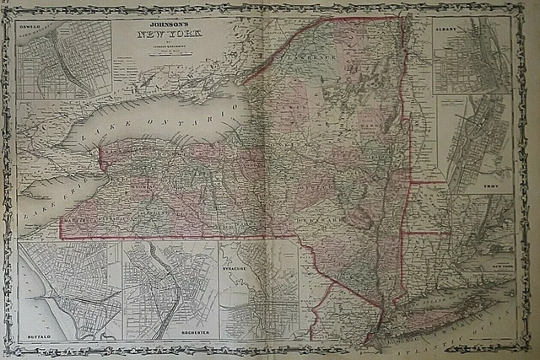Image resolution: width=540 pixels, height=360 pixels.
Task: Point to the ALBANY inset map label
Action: [447, 27]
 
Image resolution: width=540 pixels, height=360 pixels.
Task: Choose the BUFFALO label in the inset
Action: [40, 336]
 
